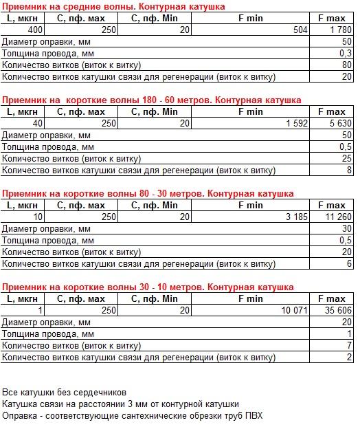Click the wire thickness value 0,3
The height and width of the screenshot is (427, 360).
(346, 53)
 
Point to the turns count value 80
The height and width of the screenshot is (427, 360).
(347, 65)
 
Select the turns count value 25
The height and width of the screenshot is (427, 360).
(347, 159)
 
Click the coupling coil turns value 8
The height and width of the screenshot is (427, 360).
(350, 170)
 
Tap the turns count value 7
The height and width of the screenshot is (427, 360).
(350, 345)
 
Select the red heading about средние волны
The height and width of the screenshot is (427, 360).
(113, 6)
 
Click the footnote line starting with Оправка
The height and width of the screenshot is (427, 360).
(133, 416)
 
